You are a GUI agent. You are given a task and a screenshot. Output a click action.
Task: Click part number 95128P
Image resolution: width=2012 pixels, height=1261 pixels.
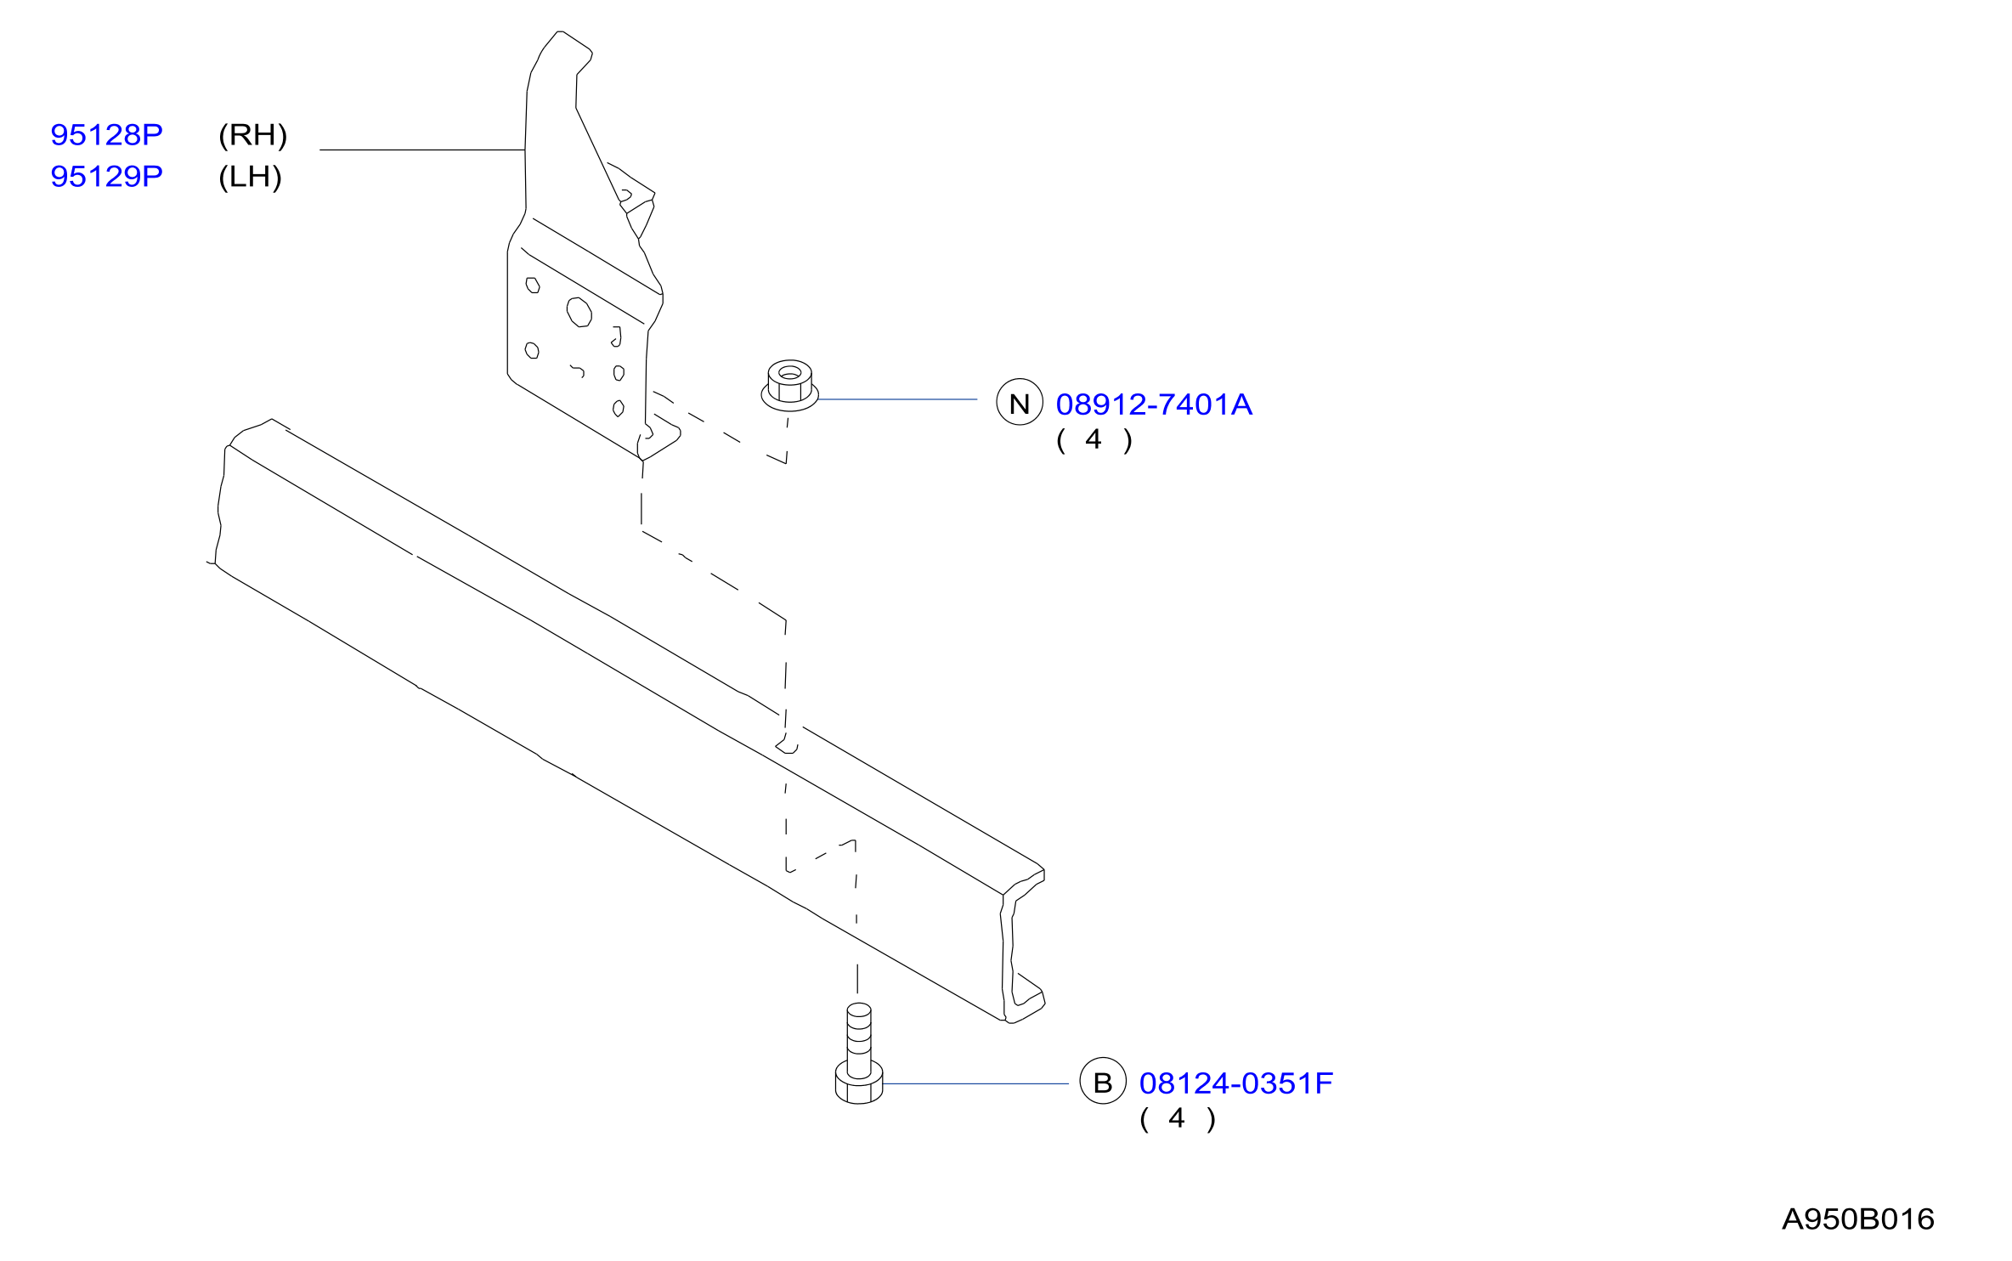point(106,135)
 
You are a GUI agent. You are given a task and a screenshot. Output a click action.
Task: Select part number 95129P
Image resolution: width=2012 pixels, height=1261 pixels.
point(106,177)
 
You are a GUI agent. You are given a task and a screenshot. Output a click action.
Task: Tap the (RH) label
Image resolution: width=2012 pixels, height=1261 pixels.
point(253,135)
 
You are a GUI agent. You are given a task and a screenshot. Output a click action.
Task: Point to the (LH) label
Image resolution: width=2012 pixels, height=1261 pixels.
point(250,177)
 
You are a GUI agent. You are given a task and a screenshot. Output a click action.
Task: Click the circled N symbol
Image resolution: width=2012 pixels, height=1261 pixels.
point(1020,402)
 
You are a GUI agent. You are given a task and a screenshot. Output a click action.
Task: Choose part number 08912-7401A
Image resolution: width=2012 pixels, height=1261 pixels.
point(1154,404)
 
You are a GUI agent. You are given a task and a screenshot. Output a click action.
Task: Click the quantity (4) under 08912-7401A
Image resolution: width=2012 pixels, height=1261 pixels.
point(1094,440)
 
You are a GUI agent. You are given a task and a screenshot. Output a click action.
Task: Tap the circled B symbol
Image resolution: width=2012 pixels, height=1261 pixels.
point(1103,1081)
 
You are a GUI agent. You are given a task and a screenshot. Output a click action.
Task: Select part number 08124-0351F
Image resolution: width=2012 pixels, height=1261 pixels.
point(1236,1083)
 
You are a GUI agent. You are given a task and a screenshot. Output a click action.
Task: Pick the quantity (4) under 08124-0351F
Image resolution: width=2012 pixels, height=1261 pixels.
point(1178,1119)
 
